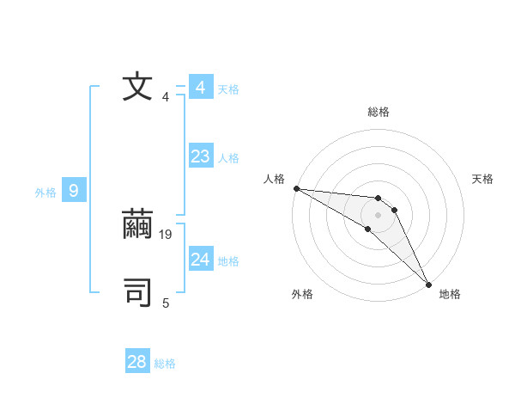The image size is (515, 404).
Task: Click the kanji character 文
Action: (137, 88)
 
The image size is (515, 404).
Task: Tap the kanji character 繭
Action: (137, 225)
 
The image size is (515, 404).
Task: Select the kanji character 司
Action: (137, 292)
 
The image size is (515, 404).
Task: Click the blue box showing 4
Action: (201, 88)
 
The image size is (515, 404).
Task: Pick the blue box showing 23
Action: (201, 156)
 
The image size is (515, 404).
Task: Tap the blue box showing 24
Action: (201, 260)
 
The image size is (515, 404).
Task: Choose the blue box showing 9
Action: (74, 191)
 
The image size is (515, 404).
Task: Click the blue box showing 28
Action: (137, 362)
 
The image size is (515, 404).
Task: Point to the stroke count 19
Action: (167, 234)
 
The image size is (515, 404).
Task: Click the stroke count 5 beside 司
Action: (166, 303)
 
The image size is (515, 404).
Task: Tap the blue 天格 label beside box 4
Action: (228, 89)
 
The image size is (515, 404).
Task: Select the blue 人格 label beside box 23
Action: (228, 158)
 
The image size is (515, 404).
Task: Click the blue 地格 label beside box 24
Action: (228, 261)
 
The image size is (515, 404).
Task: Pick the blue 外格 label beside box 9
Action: (45, 193)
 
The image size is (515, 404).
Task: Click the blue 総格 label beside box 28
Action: (165, 364)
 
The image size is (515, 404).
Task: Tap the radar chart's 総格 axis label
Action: (379, 112)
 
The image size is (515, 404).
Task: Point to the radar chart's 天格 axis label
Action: (483, 179)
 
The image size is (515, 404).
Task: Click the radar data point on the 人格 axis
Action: (296, 188)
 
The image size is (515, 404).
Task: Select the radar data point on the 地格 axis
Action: (428, 284)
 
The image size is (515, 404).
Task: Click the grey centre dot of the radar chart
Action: (379, 215)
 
